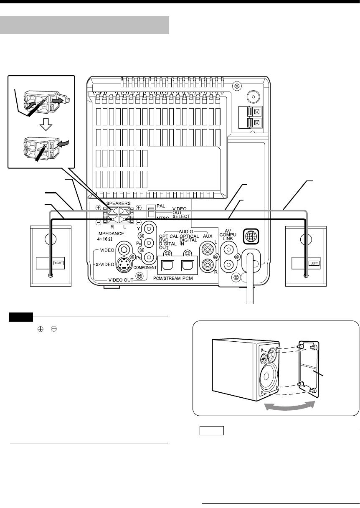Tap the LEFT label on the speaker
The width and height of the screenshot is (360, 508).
[313, 264]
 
